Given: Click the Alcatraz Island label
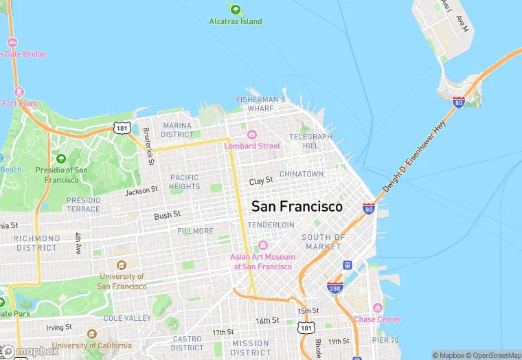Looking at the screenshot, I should pyautogui.click(x=236, y=21).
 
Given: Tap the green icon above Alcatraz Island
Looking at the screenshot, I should pyautogui.click(x=236, y=10).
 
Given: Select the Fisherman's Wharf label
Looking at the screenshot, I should pyautogui.click(x=260, y=104).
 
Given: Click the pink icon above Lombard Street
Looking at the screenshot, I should pyautogui.click(x=252, y=135).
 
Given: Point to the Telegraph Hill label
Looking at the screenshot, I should pyautogui.click(x=310, y=141).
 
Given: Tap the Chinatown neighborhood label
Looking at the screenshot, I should pyautogui.click(x=301, y=174).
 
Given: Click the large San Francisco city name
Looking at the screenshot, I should pyautogui.click(x=297, y=206).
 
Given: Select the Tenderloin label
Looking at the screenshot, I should pyautogui.click(x=271, y=225).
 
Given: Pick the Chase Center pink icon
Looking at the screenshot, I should pyautogui.click(x=377, y=308).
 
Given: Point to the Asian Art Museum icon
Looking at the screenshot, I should pyautogui.click(x=261, y=246).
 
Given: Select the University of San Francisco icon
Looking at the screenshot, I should pyautogui.click(x=122, y=265).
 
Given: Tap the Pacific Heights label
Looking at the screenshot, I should pyautogui.click(x=185, y=181).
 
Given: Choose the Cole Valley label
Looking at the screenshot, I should pyautogui.click(x=127, y=318).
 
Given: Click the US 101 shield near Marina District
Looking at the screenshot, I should pyautogui.click(x=122, y=128).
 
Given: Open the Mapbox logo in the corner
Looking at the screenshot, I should pyautogui.click(x=30, y=351).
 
